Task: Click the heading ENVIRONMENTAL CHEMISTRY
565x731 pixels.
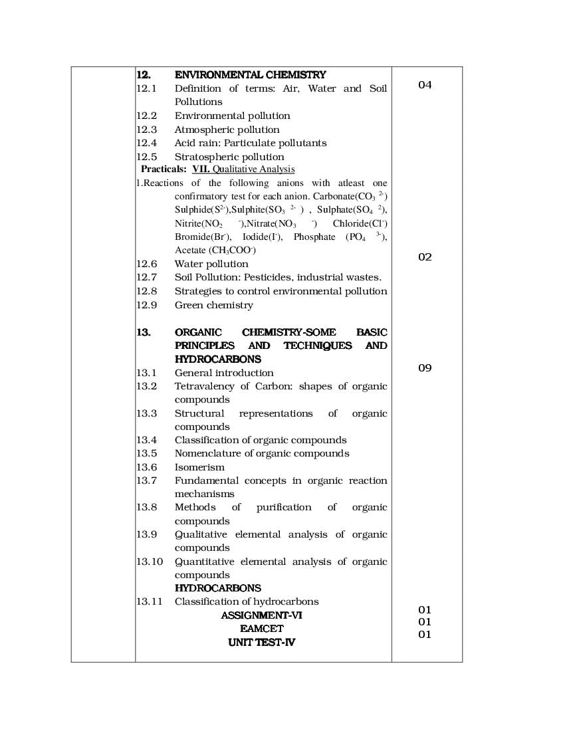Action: coord(250,75)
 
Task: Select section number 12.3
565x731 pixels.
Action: coord(146,130)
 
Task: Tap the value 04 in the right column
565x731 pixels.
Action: coord(425,85)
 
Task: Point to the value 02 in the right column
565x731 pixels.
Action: coord(425,257)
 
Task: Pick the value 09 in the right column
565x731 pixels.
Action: coord(425,367)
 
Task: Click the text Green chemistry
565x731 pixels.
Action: coord(213,305)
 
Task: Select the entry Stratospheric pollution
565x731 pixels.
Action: coord(229,157)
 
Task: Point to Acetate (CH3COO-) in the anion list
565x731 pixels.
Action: coord(215,251)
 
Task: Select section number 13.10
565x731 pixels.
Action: coord(150,562)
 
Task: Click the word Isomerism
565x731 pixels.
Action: coord(199,467)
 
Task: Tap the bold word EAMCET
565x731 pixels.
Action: coord(261,629)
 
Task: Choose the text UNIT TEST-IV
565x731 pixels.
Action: coord(261,643)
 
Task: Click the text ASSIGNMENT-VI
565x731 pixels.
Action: coord(261,615)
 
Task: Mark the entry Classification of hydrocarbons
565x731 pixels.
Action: coord(247,601)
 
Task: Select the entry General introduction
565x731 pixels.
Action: coord(224,373)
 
